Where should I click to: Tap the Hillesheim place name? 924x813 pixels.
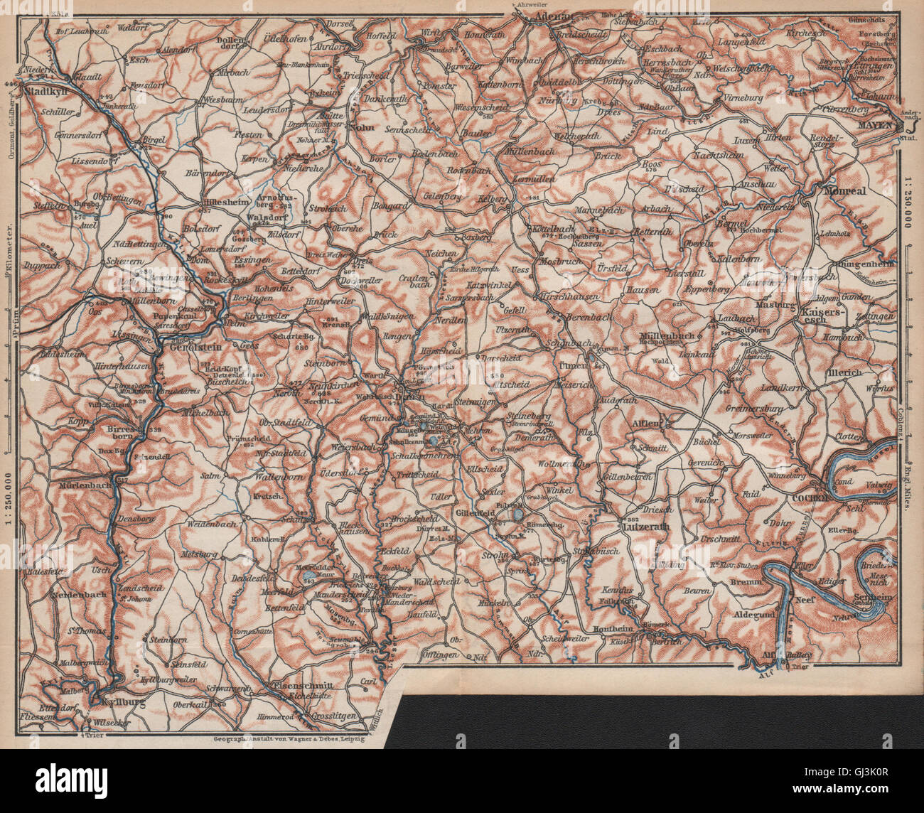[x=203, y=201]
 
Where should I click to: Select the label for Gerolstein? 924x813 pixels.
[x=195, y=340]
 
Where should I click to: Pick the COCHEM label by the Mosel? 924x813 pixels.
[x=810, y=498]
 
